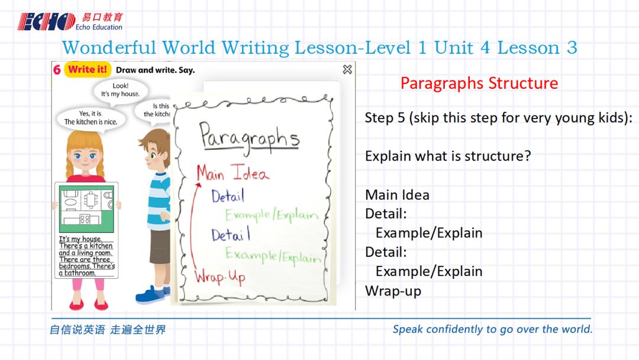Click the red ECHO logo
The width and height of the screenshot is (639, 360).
pos(46,21)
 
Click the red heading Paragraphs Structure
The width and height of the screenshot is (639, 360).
pos(479,83)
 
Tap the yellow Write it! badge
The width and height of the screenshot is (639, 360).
pos(87,70)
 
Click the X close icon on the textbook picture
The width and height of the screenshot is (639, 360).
pos(347,70)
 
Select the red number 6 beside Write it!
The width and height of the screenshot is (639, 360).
pos(57,70)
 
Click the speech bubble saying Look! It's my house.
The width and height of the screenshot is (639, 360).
pos(120,90)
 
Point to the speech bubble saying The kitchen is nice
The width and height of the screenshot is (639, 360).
pos(91,118)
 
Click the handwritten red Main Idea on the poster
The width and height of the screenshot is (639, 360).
pos(233,172)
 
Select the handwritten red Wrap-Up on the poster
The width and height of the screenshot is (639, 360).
pos(220,277)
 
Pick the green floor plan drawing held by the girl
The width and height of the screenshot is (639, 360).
pos(86,209)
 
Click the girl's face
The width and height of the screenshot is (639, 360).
pos(85,156)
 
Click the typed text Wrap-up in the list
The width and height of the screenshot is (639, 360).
pos(393,291)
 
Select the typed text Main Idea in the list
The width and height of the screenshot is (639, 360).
pos(398,195)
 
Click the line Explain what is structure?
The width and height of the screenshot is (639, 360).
pos(448,156)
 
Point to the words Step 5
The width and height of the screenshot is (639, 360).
pos(385,118)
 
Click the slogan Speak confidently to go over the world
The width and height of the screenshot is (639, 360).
pos(492,329)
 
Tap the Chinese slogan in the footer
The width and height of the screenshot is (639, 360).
pos(108,329)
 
